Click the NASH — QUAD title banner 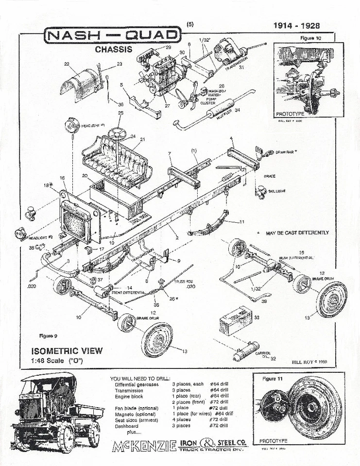112,36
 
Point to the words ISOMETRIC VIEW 67,351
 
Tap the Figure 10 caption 310,38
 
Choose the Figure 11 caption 272,378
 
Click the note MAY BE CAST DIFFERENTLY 297,233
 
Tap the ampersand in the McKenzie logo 209,444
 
